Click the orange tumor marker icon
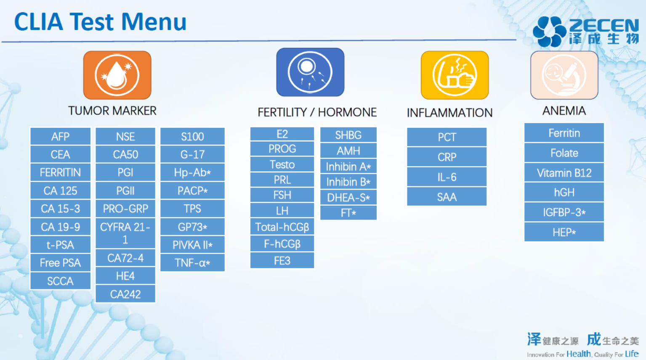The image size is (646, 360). tap(117, 75)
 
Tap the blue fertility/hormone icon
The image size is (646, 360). tap(310, 72)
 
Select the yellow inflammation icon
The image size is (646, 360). tap(455, 75)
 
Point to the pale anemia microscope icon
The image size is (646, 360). tap(564, 75)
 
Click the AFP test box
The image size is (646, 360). tap(60, 136)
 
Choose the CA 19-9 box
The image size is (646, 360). tap(60, 227)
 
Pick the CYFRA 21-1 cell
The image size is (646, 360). tap(125, 233)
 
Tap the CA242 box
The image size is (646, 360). tap(125, 294)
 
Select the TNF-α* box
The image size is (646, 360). tap(192, 262)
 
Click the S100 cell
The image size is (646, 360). tap(192, 136)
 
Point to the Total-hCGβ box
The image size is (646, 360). tap(282, 227)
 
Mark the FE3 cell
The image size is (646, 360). tap(282, 261)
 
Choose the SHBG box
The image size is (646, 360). tap(348, 135)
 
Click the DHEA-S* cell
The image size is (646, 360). tap(348, 198)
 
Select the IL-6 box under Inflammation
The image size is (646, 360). tap(447, 177)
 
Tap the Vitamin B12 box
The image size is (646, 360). tap(564, 173)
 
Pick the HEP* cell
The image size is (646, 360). tap(564, 232)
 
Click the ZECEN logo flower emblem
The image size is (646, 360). tap(550, 32)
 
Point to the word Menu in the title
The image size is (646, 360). tap(154, 21)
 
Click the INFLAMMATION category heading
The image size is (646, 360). tap(449, 113)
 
